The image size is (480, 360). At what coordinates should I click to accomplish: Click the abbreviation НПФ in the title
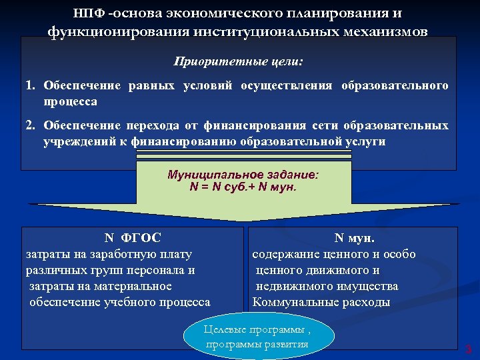pos(90,13)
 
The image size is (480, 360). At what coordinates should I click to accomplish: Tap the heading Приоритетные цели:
pos(239,61)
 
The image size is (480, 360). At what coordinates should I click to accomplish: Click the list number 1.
pos(30,86)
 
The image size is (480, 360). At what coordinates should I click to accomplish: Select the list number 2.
pos(30,125)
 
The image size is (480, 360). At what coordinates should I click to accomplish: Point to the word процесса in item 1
pos(70,102)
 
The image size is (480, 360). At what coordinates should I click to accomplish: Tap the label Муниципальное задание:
pos(243,175)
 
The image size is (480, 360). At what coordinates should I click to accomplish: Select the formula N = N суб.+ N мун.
pos(243,187)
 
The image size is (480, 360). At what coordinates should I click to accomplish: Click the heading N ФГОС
pos(133,237)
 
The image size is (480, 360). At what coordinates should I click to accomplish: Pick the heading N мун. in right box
pos(354,237)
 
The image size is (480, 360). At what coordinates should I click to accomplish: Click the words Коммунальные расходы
pos(321,302)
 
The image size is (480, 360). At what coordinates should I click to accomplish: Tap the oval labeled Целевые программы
pos(258,337)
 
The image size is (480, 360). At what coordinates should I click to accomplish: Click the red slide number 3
pos(468,348)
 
